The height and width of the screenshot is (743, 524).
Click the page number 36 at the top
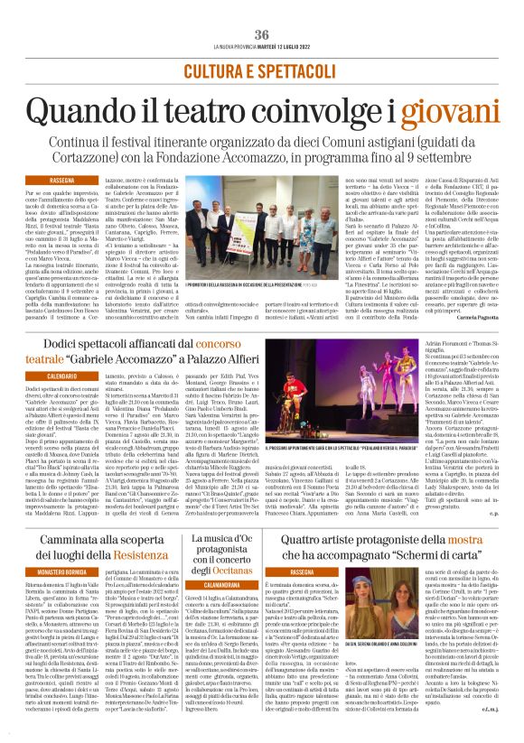[x=262, y=34]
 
